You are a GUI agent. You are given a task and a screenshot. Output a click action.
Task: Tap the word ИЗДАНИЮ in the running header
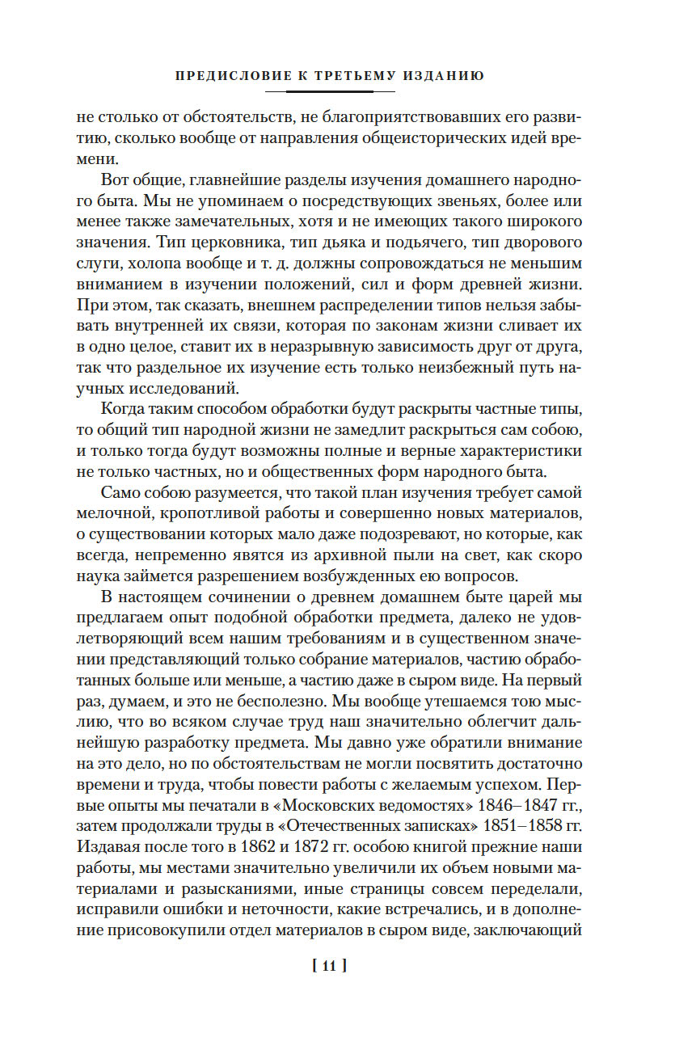tap(446, 76)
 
